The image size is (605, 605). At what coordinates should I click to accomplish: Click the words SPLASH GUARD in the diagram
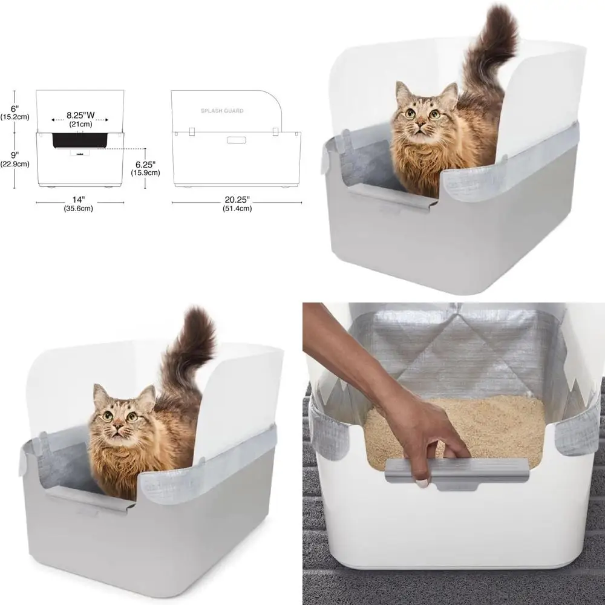click(x=222, y=111)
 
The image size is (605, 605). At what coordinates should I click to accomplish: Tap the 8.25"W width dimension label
click(x=80, y=114)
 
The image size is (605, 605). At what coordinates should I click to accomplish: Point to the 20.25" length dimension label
click(x=236, y=200)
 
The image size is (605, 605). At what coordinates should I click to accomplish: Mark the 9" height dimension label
click(x=13, y=154)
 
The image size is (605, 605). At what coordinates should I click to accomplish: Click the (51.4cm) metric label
click(x=236, y=209)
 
